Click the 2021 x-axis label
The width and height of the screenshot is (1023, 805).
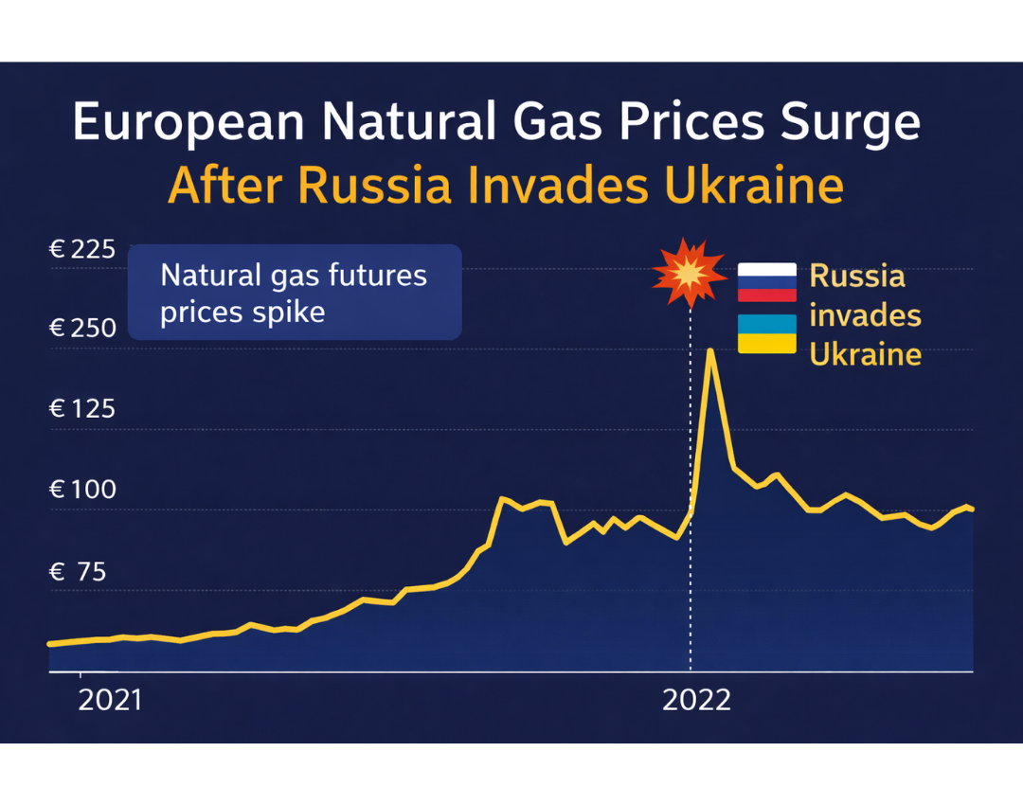110,701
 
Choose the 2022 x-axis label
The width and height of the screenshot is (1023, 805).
696,701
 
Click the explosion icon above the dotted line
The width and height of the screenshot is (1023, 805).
689,273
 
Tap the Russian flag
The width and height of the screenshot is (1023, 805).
767,282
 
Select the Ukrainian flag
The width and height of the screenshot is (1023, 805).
767,334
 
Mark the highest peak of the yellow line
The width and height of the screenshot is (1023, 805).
710,351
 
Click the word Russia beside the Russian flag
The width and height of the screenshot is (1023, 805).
857,277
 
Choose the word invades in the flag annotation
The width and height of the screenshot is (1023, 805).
865,315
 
